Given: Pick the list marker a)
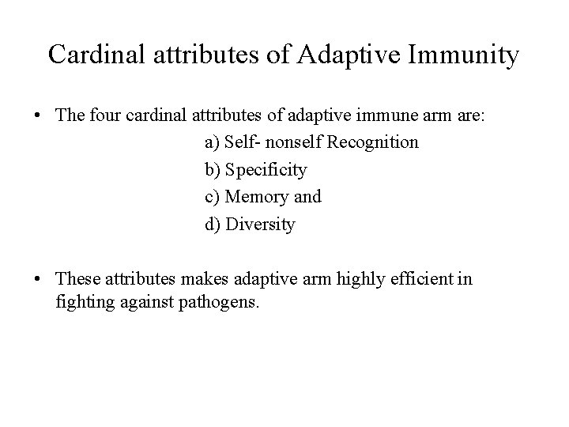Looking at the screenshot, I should click(213, 143).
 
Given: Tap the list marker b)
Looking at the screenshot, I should click(213, 170).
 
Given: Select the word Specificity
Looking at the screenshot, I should click(266, 170).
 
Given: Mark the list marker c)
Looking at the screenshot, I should click(213, 197).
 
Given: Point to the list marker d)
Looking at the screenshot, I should click(213, 225).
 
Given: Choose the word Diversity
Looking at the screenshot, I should click(260, 225).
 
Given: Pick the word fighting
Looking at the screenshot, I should click(85, 300).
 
